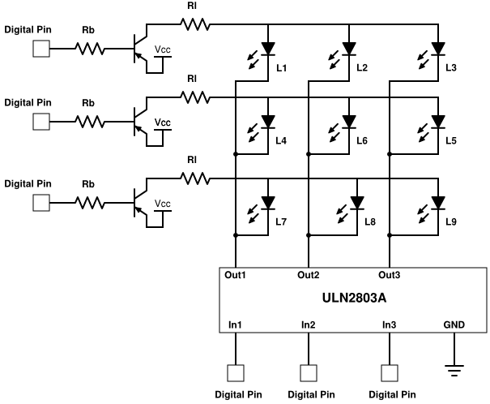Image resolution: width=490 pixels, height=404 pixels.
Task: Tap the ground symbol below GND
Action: pos(455,369)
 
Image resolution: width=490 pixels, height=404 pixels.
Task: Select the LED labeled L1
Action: pos(268,48)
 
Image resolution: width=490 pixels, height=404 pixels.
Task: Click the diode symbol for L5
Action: pos(438,122)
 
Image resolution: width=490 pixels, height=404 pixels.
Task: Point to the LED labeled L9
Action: pos(438,202)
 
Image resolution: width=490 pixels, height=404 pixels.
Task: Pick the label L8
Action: pos(370,221)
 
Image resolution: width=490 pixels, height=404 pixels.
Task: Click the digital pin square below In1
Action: pos(236,373)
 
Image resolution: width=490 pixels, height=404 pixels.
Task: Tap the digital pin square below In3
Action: pos(389,373)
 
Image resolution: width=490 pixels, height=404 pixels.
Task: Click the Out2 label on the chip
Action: pos(308,275)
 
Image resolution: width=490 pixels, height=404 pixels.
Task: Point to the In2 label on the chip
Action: pos(308,324)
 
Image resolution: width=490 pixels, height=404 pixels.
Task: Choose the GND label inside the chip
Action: pos(454,324)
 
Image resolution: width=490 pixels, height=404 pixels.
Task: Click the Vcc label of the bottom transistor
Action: pos(163,203)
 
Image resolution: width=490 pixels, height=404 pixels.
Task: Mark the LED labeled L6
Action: pos(349,122)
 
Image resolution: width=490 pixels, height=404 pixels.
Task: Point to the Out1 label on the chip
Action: pos(236,275)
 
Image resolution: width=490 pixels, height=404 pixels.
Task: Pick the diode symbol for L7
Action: pos(268,202)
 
